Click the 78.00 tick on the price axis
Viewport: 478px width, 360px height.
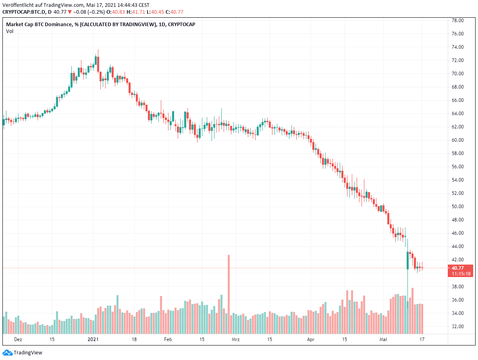tap(457, 21)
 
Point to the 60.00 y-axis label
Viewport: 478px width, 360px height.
tap(457, 140)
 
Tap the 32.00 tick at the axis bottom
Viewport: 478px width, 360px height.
tap(457, 327)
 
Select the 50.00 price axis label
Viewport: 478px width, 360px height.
tap(457, 207)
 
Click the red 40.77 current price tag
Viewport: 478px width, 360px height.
tap(457, 268)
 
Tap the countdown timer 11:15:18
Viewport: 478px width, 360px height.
tap(461, 274)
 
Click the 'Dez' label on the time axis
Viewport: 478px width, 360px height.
tap(18, 339)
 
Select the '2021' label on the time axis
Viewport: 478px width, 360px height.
tap(93, 339)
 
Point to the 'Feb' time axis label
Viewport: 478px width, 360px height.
tap(168, 339)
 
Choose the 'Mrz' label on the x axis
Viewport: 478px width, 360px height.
tap(236, 339)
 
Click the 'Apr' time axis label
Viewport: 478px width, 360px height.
tap(311, 339)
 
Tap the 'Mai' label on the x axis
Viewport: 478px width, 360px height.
tap(383, 339)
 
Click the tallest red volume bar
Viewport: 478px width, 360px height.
tap(229, 294)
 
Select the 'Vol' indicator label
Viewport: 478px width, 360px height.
tap(9, 31)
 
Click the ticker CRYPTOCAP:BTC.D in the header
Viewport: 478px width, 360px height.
tap(24, 12)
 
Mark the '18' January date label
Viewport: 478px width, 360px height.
tap(134, 339)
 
